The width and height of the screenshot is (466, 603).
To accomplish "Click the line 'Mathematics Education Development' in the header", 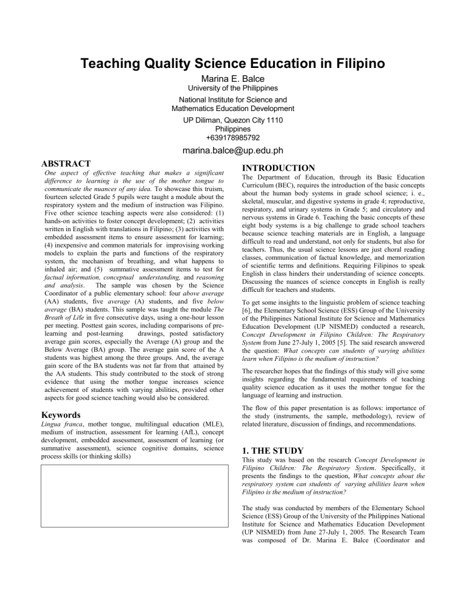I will coord(233,108).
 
